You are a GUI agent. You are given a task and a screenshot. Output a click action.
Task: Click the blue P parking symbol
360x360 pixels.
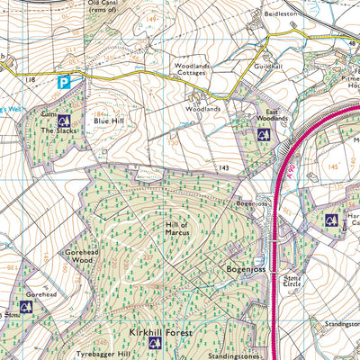pos(64,82)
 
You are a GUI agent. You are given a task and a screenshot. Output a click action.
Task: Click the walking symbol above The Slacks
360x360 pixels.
pos(63,120)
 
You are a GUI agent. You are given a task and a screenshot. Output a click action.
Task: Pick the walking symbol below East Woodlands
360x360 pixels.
pos(264,135)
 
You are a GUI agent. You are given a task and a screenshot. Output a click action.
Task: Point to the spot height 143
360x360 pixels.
pos(224,168)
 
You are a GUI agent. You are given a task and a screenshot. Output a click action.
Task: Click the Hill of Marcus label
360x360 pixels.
pos(179,229)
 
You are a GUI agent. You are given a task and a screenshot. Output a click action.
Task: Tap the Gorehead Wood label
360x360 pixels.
pos(79,258)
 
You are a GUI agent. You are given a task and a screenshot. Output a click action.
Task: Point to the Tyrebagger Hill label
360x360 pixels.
pos(102,355)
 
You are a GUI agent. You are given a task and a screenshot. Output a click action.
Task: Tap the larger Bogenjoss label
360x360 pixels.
pos(245,269)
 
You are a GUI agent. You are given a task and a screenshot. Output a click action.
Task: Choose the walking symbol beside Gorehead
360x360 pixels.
pos(26,307)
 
